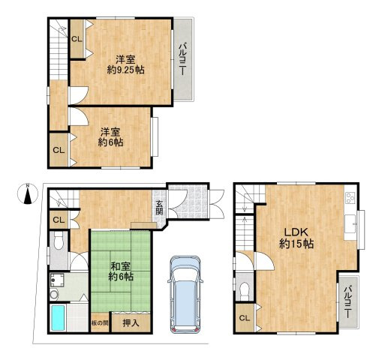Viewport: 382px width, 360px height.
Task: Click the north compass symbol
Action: coord(28,194)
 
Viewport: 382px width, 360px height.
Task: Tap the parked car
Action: coord(185,294)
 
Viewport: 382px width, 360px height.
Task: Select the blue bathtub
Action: coord(58,317)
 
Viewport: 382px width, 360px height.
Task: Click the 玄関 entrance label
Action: coord(159,208)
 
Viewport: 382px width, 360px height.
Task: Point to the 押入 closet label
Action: coord(131,323)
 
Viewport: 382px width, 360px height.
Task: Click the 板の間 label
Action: coord(100,323)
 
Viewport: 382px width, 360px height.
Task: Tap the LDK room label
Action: coord(296,232)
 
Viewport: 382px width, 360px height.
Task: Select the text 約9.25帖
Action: coord(125,70)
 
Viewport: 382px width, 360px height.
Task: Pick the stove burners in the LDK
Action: coord(350,198)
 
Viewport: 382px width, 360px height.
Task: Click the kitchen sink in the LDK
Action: coord(350,224)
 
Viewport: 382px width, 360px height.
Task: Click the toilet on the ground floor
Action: coord(59,241)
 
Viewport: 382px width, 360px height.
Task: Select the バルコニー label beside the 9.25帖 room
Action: coord(183,59)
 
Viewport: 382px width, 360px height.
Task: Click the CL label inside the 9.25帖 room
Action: coord(77,39)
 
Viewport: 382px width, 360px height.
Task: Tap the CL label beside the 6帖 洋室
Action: coord(59,150)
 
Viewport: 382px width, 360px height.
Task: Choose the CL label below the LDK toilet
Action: coord(244,318)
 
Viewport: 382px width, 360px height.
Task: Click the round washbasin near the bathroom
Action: coord(53,295)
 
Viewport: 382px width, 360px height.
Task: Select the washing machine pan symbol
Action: coord(57,280)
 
